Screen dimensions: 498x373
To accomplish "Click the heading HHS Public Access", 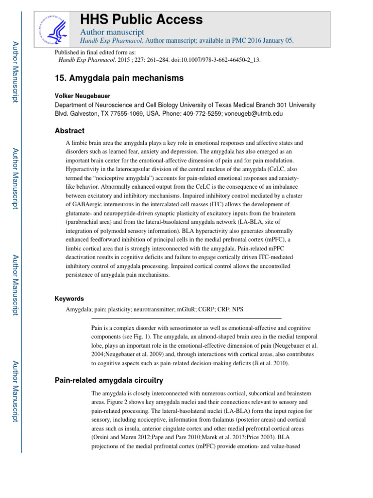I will click(x=141, y=19).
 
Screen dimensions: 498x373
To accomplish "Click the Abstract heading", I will click(x=69, y=131).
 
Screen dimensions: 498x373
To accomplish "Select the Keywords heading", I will click(x=69, y=299).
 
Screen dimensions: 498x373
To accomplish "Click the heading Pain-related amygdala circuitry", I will click(x=108, y=380).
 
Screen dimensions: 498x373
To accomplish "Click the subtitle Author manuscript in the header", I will click(x=105, y=32).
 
